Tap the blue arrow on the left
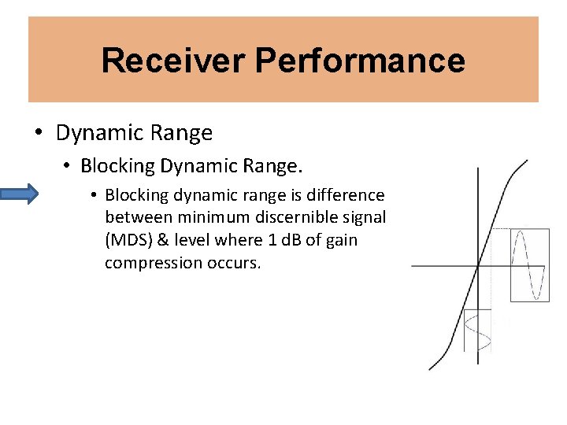tap(19, 194)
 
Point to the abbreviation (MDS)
tap(128, 240)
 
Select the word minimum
tap(197, 217)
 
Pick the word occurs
tap(236, 263)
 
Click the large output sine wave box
tap(529, 264)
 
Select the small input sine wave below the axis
tap(478, 330)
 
